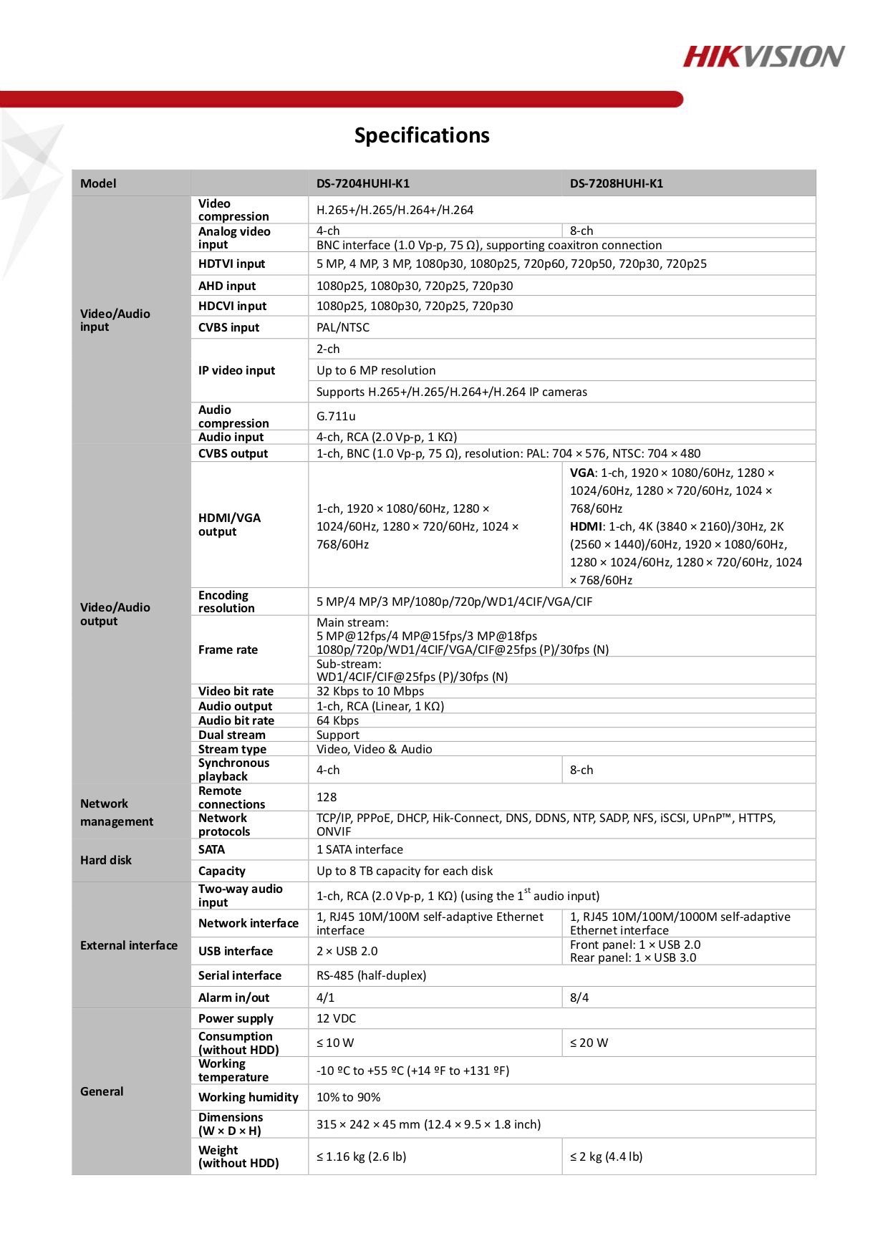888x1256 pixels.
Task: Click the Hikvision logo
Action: [763, 57]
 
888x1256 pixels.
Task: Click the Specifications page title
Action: [422, 135]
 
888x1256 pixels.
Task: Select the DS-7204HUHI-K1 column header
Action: [363, 183]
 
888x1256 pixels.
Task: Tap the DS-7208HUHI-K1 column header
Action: [617, 183]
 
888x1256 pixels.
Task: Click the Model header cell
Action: [98, 183]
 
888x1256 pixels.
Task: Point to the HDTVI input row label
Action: [231, 264]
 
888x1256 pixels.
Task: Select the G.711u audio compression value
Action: [337, 416]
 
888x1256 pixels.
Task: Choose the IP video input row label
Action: [236, 370]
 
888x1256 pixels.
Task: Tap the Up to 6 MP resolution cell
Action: [376, 370]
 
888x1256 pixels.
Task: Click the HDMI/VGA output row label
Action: [229, 524]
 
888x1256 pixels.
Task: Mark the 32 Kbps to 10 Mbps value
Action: [370, 691]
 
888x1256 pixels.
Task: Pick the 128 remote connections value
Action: [327, 797]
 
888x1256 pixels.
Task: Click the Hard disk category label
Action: [106, 860]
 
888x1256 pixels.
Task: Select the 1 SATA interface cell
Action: [360, 849]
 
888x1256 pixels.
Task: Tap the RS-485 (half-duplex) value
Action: [372, 975]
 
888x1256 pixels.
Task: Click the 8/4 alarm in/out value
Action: [579, 997]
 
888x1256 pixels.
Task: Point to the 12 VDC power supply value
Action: [337, 1018]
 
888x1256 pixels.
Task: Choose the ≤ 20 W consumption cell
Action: [589, 1043]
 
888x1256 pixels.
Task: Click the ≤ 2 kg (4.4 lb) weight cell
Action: [606, 1156]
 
